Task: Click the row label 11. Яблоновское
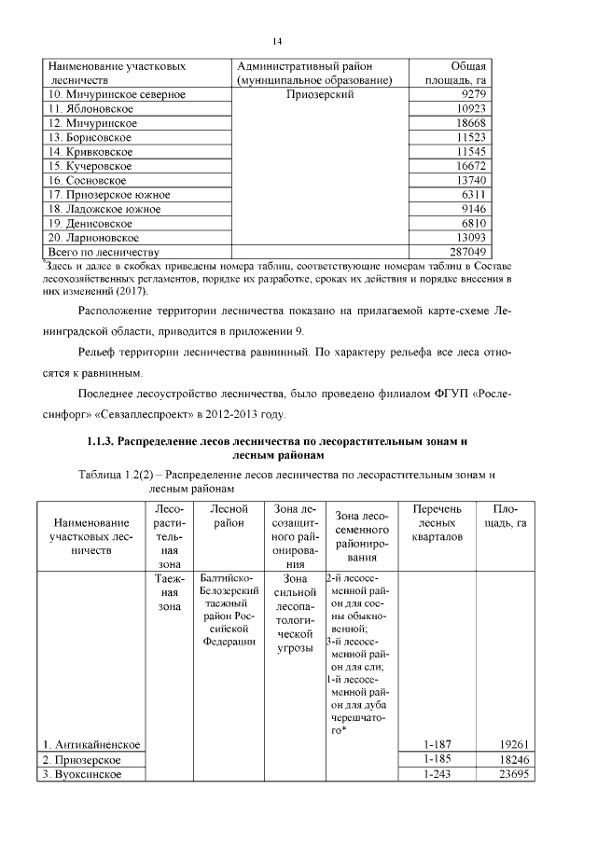pos(91,109)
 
